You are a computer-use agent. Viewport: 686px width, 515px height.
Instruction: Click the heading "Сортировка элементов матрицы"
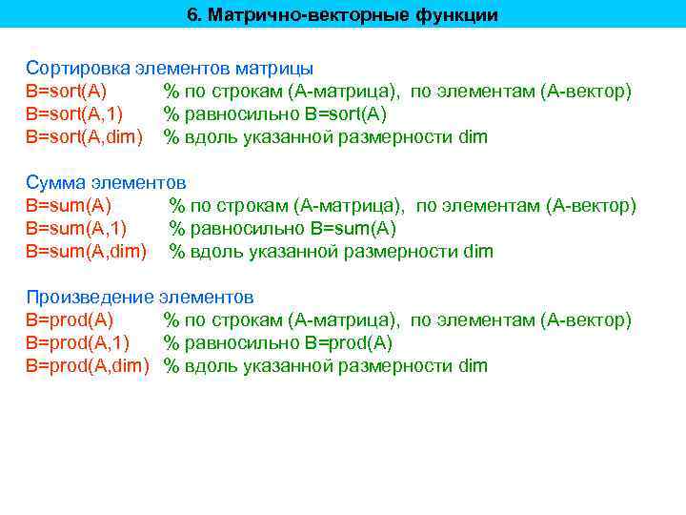(x=170, y=69)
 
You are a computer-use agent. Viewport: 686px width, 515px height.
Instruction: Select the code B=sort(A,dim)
(x=84, y=137)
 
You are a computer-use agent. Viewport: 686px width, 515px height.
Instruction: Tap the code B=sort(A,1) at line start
(x=77, y=114)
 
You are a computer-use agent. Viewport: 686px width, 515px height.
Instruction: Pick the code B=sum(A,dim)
(x=86, y=252)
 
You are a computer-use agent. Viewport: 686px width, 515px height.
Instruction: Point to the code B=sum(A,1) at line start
(x=76, y=229)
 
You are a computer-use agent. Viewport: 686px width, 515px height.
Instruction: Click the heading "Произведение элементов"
(x=140, y=298)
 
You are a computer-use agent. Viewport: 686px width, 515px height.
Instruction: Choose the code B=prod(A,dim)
(x=88, y=366)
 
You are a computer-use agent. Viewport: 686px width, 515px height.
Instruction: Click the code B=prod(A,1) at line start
(x=78, y=343)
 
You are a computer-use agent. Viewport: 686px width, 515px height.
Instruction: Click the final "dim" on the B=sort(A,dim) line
(x=473, y=137)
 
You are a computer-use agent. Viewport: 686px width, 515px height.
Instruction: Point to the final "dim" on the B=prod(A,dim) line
(x=473, y=366)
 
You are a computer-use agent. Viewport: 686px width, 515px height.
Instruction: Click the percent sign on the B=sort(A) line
(x=171, y=92)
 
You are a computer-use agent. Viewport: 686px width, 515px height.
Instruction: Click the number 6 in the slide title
(x=192, y=15)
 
